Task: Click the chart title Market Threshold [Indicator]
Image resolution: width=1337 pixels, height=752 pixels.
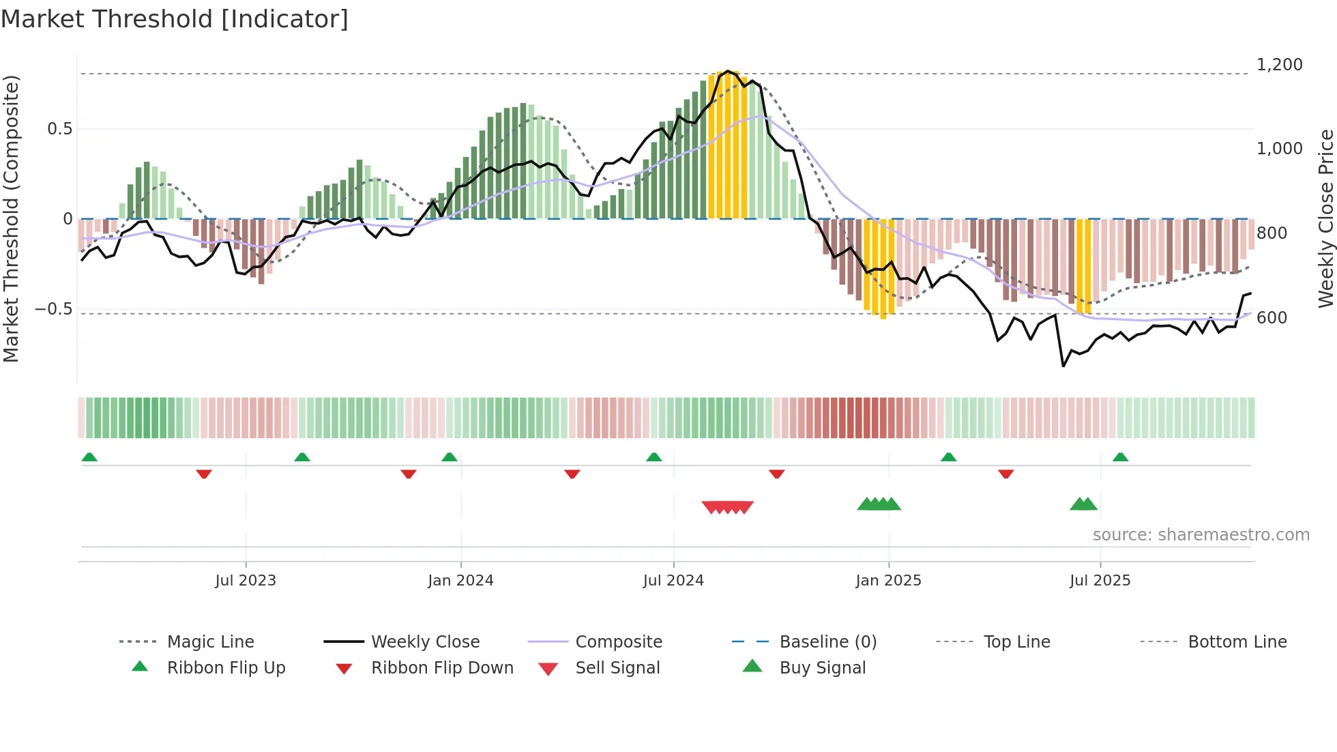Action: [175, 19]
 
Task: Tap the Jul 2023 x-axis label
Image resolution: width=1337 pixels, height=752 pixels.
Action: [246, 580]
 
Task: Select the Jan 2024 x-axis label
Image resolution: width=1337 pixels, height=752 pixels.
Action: [460, 580]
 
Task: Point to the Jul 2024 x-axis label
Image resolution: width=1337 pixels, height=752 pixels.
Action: [673, 580]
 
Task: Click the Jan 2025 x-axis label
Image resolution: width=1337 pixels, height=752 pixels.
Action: [888, 580]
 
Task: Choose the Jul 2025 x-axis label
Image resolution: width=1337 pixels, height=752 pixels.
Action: [1100, 580]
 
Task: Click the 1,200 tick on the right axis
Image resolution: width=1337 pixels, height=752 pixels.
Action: [1279, 65]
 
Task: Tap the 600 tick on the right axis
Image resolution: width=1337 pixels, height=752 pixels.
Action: [1272, 318]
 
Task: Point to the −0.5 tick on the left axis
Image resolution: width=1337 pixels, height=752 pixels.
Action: [54, 309]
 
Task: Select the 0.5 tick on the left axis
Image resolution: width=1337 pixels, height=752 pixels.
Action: [59, 129]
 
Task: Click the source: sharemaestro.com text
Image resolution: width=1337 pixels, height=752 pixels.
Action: [1201, 535]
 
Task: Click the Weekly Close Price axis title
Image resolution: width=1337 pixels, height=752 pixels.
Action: [1325, 218]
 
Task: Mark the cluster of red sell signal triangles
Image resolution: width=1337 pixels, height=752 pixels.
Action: [728, 507]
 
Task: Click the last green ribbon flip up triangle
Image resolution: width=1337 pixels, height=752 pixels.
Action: [1120, 457]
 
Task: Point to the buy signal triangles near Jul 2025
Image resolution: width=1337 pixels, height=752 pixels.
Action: [1083, 504]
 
